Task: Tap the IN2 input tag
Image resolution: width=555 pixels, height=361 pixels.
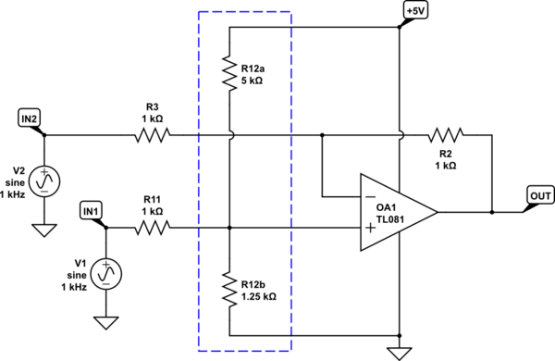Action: point(30,117)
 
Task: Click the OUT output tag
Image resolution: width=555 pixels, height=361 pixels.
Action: point(538,194)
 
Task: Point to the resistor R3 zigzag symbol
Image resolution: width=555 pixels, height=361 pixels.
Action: point(153,135)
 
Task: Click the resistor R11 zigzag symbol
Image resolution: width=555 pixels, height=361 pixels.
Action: point(153,226)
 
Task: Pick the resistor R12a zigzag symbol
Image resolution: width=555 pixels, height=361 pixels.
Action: point(229,72)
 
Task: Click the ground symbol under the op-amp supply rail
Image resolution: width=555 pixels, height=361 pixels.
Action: point(400,352)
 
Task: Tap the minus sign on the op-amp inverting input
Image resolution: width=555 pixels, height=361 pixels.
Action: point(370,197)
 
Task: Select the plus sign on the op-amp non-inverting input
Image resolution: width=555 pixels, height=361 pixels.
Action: point(370,227)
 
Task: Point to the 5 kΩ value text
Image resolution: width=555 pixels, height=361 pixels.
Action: point(253,81)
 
